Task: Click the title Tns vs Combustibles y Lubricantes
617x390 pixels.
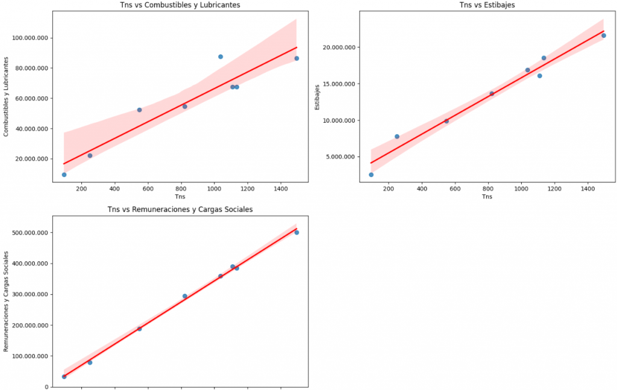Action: tap(180, 5)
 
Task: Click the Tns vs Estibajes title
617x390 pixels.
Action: tap(487, 5)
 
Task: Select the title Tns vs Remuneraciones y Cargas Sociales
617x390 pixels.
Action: tap(180, 209)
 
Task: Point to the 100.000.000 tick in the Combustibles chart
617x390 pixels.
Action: tap(31, 38)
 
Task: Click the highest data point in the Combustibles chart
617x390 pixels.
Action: tap(221, 57)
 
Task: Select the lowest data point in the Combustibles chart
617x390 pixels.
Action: tap(64, 175)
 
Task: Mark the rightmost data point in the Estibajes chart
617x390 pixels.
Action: tap(604, 36)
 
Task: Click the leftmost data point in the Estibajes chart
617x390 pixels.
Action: tap(371, 175)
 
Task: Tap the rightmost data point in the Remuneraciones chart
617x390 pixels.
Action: tap(296, 232)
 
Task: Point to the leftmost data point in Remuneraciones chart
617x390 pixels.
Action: tap(64, 377)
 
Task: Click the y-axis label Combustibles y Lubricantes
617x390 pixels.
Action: tap(6, 97)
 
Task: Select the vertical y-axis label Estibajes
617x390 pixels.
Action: tap(318, 97)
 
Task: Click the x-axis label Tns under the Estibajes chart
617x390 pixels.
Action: tap(487, 197)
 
